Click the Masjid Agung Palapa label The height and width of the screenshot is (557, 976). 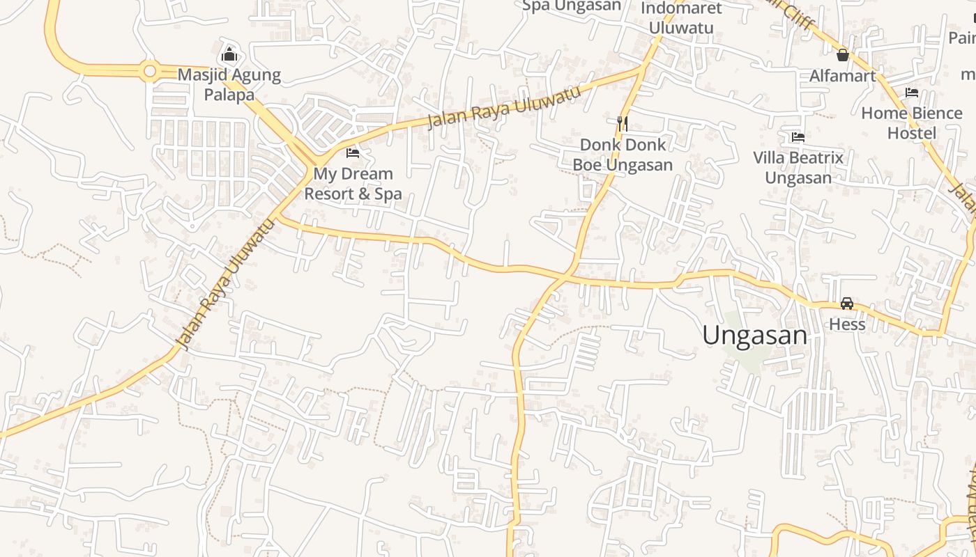click(229, 84)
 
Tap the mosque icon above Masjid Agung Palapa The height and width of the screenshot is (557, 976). click(229, 54)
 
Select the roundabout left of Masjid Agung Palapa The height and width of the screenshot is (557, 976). click(149, 70)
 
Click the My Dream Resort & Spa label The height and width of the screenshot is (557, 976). click(353, 184)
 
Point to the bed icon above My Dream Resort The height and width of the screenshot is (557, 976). click(353, 152)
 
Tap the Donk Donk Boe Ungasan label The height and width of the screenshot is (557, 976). click(623, 155)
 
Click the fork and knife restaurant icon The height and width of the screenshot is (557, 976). click(623, 123)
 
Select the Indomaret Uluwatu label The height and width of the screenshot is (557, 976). click(681, 18)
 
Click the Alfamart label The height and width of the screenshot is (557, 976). click(842, 76)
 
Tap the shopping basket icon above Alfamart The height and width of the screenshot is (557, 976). click(842, 54)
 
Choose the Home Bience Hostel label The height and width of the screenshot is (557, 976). click(911, 123)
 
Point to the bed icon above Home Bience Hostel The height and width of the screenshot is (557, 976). click(911, 93)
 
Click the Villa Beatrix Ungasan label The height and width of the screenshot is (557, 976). click(798, 168)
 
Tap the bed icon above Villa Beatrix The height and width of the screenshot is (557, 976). click(798, 137)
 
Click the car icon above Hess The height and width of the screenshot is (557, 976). click(847, 304)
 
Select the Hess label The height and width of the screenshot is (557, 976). click(847, 324)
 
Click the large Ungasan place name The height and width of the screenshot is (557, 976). click(754, 336)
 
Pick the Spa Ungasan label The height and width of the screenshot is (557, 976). click(572, 6)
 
